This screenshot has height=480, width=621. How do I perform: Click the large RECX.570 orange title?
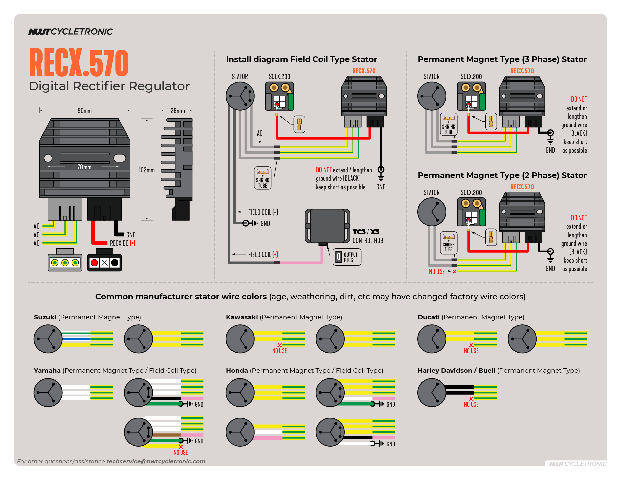pyautogui.click(x=79, y=63)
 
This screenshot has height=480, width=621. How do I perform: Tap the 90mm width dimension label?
pyautogui.click(x=85, y=111)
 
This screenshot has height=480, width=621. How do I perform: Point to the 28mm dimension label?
pyautogui.click(x=178, y=111)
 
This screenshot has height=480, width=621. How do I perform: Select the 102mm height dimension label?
pyautogui.click(x=147, y=170)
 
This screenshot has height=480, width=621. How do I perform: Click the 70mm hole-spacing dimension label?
pyautogui.click(x=84, y=167)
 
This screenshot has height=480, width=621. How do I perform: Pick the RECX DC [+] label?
pyautogui.click(x=122, y=243)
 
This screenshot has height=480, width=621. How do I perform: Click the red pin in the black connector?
pyautogui.click(x=94, y=263)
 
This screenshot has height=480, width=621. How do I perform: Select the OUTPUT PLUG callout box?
pyautogui.click(x=347, y=257)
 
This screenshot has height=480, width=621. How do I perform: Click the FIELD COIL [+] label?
pyautogui.click(x=263, y=255)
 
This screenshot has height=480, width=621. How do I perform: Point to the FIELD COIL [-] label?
pyautogui.click(x=263, y=212)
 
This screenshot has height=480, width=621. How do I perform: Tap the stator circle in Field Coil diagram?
pyautogui.click(x=240, y=96)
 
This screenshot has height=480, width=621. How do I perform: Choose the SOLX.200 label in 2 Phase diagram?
pyautogui.click(x=471, y=193)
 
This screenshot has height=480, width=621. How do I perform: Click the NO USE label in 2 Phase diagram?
pyautogui.click(x=437, y=272)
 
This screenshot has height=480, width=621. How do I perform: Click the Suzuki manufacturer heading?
pyautogui.click(x=45, y=317)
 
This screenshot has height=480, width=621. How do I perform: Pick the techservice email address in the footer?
pyautogui.click(x=156, y=461)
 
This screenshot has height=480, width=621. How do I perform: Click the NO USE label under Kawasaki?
pyautogui.click(x=279, y=351)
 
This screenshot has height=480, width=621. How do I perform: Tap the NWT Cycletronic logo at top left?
pyautogui.click(x=71, y=32)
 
